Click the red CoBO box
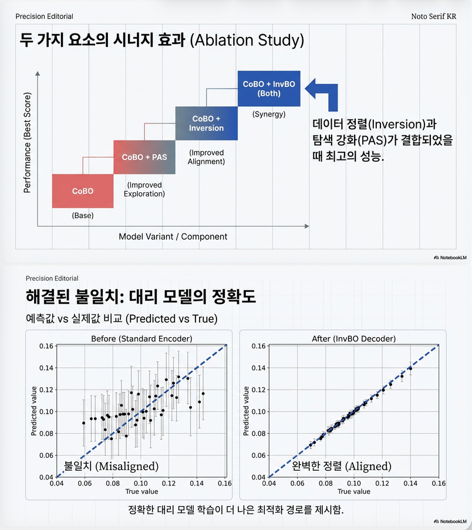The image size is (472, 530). click(x=83, y=191)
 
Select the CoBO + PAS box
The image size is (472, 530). click(x=144, y=157)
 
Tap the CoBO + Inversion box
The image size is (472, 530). click(x=206, y=123)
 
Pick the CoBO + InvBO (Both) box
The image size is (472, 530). click(x=269, y=89)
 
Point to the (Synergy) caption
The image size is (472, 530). click(x=268, y=114)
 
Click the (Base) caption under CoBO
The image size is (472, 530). click(x=83, y=215)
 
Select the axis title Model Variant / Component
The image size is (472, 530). click(x=173, y=236)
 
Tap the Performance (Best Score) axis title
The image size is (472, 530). click(x=27, y=142)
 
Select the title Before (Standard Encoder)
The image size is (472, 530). click(x=141, y=339)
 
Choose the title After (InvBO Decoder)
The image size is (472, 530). click(x=353, y=339)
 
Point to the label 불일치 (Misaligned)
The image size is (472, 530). click(x=112, y=467)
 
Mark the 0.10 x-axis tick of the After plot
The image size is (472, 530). click(x=353, y=484)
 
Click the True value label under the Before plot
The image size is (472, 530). click(x=141, y=491)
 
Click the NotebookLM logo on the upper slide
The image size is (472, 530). click(x=450, y=257)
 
